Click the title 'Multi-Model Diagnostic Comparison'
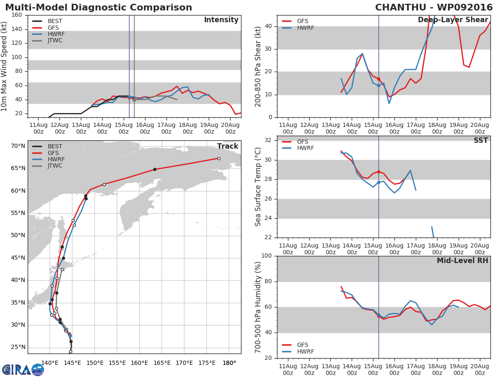pyautogui.click(x=99, y=8)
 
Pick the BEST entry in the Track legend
pyautogui.click(x=54, y=147)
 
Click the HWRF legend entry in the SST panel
pyautogui.click(x=305, y=148)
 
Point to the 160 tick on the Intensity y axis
pyautogui.click(x=17, y=15)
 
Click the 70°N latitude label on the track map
pyautogui.click(x=18, y=146)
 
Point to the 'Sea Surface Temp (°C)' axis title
pyautogui.click(x=258, y=187)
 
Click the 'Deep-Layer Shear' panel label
pyautogui.click(x=453, y=20)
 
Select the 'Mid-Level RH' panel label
pyautogui.click(x=462, y=261)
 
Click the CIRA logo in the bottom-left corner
pyautogui.click(x=23, y=369)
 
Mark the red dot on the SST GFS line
pyautogui.click(x=379, y=172)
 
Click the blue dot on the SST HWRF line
pyautogui.click(x=379, y=182)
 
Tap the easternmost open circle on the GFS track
pyautogui.click(x=219, y=158)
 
